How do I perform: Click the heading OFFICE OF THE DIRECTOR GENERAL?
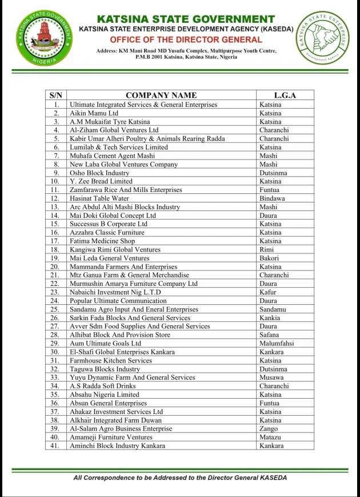[x=186, y=39]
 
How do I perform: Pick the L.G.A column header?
[x=285, y=96]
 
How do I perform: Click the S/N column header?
[x=56, y=96]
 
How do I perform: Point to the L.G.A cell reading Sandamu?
[x=273, y=309]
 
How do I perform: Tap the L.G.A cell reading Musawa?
[x=271, y=377]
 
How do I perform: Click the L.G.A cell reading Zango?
[x=269, y=428]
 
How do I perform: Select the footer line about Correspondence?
[x=180, y=478]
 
